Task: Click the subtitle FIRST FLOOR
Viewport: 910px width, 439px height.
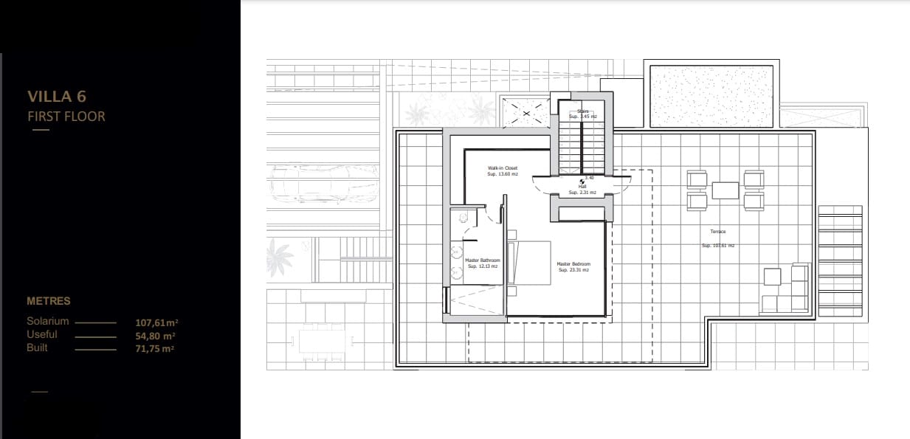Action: (66, 116)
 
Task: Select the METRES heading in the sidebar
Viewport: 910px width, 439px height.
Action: (49, 301)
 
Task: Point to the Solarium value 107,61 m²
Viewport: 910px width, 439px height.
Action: (157, 322)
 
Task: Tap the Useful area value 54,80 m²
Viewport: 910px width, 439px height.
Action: (155, 336)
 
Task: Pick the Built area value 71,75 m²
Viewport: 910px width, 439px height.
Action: (155, 348)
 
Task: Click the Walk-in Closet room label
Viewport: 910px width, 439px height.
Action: (502, 171)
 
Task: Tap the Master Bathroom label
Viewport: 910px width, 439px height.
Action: (483, 263)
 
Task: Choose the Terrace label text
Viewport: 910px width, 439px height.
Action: (717, 232)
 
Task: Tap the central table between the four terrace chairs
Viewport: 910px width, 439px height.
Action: (725, 190)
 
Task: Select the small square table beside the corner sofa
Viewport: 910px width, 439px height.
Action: (772, 277)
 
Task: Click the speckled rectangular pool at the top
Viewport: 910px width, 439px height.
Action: (711, 96)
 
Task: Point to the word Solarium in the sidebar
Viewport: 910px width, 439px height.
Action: (48, 322)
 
